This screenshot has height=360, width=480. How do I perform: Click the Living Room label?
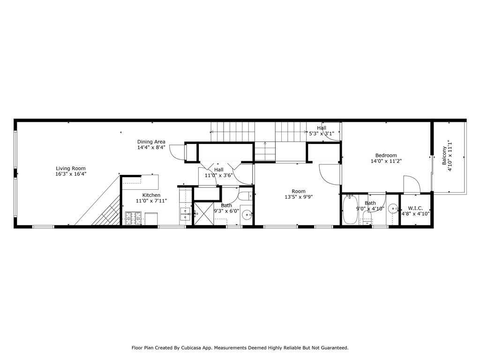coord(71,168)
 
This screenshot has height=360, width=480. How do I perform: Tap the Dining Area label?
coord(151,142)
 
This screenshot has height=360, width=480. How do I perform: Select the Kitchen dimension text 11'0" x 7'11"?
coord(151,201)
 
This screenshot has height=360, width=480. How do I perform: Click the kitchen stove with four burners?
coord(134,218)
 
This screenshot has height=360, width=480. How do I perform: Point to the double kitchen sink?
coord(186,215)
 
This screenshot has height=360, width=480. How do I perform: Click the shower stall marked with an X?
coord(202,214)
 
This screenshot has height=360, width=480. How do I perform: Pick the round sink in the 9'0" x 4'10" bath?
coord(393,209)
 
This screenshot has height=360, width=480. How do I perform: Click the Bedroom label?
coord(386,156)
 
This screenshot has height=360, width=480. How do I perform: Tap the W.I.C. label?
coord(415,208)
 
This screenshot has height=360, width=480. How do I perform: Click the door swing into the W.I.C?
coord(409,184)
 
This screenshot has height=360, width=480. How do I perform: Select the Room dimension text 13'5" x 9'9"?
coord(298,197)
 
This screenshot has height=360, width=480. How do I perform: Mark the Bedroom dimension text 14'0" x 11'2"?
coord(386,161)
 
